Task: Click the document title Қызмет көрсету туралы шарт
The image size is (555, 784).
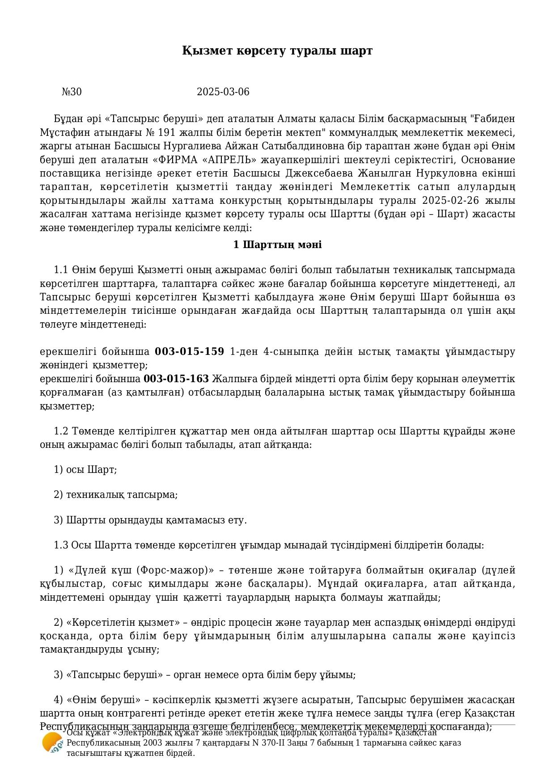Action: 277,51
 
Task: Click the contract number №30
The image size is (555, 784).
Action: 72,92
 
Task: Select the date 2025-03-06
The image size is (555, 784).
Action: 223,92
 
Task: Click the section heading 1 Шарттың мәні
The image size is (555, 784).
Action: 277,245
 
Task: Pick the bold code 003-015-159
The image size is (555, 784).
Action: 189,351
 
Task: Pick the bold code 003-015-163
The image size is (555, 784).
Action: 176,379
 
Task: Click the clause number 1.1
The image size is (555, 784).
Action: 60,270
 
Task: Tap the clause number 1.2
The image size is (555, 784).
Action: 60,431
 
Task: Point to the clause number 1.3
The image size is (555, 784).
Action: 60,545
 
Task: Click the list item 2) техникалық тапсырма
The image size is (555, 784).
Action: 115,495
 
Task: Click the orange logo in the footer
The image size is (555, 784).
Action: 52,743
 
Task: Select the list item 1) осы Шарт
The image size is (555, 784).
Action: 85,470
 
